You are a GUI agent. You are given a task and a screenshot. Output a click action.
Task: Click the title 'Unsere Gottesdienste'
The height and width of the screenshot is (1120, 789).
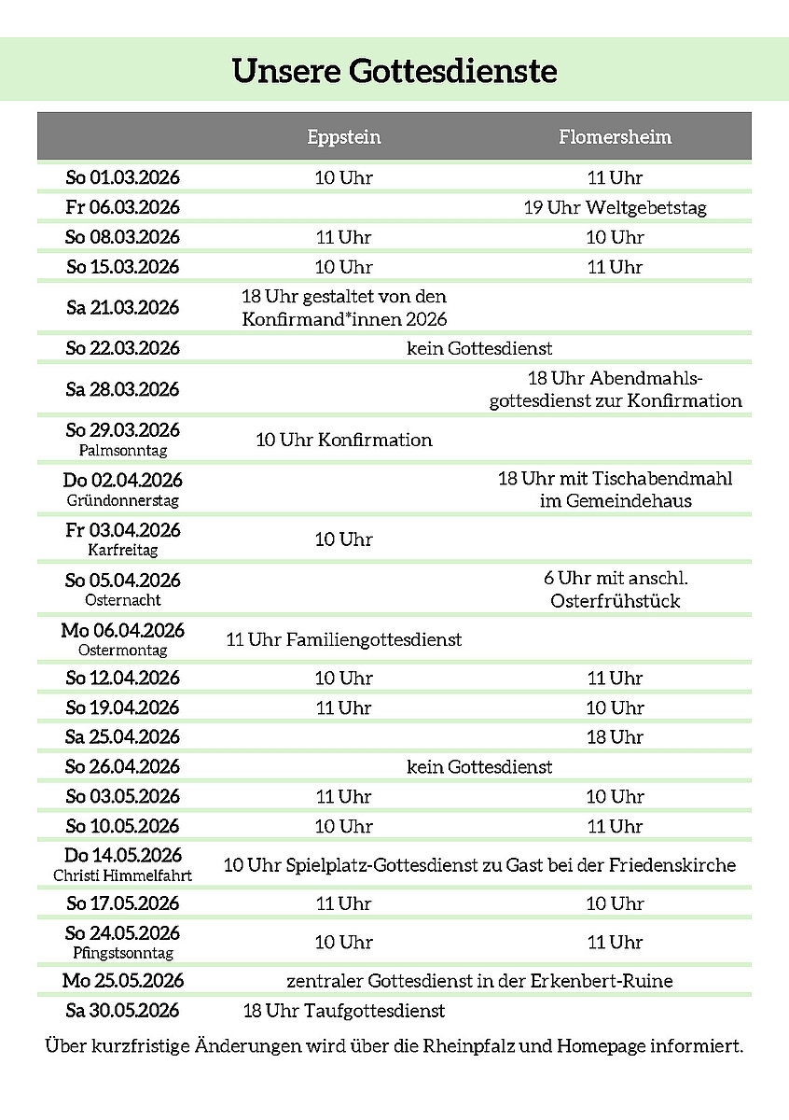(394, 71)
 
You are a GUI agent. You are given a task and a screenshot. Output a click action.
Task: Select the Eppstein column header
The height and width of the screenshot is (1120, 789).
(344, 137)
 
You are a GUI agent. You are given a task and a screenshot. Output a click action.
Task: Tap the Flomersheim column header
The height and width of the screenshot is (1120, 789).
(615, 137)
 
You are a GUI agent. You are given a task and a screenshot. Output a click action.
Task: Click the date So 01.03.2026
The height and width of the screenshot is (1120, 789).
(123, 177)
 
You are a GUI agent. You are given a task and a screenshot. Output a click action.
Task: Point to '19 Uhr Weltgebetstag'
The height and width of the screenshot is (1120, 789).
(615, 207)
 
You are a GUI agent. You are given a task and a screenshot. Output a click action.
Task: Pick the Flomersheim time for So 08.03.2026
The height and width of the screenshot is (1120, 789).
(615, 237)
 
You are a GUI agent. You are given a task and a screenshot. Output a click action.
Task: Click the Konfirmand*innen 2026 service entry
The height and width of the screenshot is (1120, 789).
(344, 308)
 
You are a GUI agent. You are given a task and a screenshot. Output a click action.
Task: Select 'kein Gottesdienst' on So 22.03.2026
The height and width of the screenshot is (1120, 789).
(479, 348)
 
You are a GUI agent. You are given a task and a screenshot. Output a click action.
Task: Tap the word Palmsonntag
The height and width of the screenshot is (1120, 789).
(123, 450)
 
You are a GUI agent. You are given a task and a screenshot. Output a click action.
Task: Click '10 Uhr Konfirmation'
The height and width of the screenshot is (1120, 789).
(344, 440)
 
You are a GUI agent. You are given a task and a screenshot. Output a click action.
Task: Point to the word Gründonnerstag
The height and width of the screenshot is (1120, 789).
(123, 500)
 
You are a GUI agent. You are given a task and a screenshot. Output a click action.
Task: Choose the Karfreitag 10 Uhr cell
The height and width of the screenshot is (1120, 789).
(344, 539)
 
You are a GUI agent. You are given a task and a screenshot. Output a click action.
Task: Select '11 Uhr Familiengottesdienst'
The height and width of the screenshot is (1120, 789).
(344, 640)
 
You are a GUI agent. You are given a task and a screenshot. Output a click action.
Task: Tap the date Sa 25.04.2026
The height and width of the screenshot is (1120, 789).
(123, 737)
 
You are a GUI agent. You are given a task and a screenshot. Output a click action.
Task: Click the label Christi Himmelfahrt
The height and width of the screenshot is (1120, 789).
(123, 875)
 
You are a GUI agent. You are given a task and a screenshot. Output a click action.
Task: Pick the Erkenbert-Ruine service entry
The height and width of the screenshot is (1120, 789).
(479, 981)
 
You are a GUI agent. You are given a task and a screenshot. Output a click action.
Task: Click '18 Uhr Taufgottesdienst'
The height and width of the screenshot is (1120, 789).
(344, 1011)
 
